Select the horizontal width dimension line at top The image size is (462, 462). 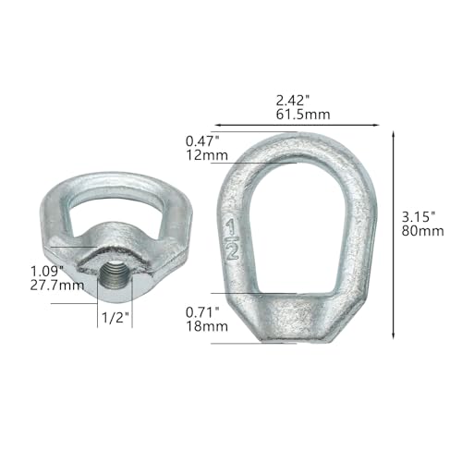click(x=296, y=124)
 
